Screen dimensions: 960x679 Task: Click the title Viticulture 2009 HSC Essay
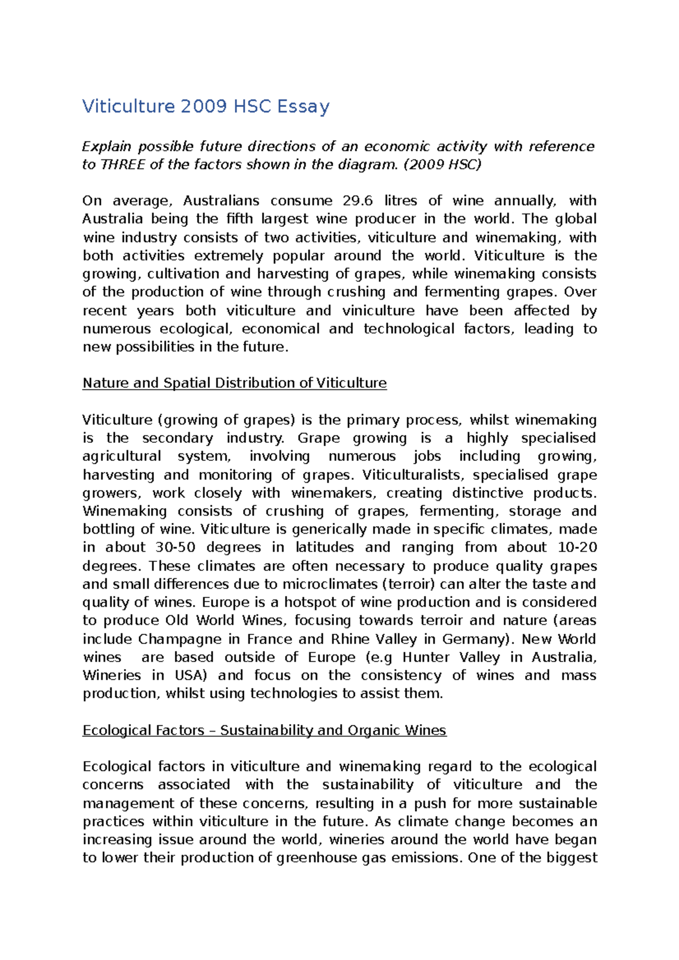(206, 106)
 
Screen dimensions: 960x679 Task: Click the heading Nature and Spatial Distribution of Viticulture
(234, 383)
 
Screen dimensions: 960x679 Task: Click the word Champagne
(179, 639)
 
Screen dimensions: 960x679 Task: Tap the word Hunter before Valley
(425, 657)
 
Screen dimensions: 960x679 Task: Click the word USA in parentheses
(190, 675)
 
